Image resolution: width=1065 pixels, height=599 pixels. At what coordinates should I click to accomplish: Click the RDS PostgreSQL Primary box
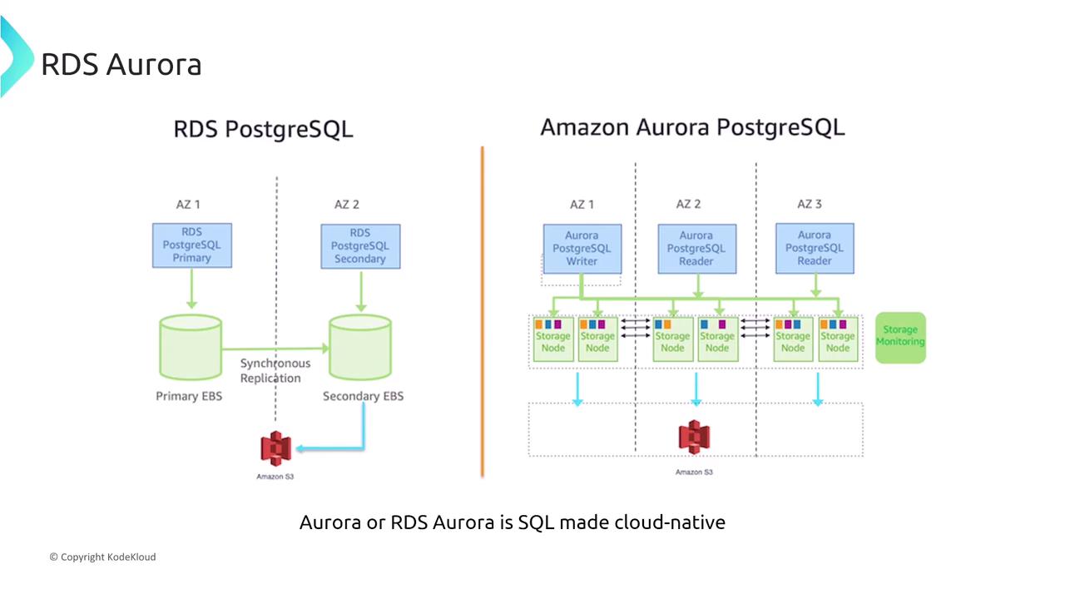[192, 245]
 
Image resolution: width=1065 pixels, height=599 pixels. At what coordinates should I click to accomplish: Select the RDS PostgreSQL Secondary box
[360, 245]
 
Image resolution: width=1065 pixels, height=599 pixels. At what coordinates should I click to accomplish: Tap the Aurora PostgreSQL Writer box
[582, 248]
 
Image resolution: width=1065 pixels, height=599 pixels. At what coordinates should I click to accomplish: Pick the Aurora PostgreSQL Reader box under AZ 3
[815, 248]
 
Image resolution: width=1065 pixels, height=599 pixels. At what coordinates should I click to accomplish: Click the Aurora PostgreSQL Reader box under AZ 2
[696, 248]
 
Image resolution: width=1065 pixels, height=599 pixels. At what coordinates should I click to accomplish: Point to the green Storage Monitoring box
[900, 336]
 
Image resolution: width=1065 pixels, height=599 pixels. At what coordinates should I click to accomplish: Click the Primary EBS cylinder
[190, 347]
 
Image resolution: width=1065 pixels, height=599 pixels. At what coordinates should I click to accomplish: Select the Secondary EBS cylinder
[360, 347]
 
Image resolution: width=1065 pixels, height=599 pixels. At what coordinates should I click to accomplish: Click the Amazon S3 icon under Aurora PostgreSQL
[694, 438]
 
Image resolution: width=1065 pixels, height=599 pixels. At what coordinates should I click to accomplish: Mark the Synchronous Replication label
[275, 371]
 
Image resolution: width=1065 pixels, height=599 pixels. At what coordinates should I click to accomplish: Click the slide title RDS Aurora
[121, 64]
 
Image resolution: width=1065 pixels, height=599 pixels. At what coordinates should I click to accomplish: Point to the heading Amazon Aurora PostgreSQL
[692, 127]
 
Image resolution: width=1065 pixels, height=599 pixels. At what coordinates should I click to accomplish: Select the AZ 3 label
[810, 204]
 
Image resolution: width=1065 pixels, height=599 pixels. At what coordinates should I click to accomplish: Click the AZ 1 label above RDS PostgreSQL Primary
[188, 204]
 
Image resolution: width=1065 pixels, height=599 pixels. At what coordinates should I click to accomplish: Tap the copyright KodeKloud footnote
[102, 557]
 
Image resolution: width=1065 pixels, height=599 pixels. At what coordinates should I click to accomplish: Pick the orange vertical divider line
[483, 312]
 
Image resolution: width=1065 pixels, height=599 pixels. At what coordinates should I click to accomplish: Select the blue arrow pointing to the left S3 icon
[333, 448]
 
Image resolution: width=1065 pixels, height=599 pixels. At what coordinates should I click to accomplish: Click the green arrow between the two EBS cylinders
[275, 349]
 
